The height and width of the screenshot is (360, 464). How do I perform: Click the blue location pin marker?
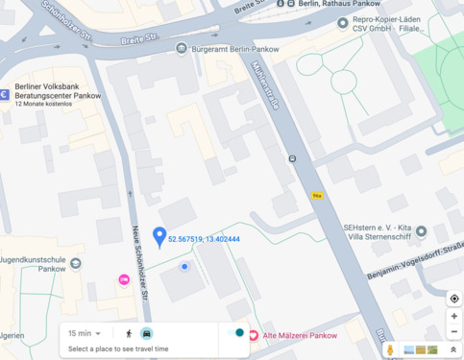(159, 235)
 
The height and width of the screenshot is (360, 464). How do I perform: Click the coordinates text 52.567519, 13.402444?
(204, 239)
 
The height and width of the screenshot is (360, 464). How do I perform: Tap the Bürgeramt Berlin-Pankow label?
(227, 48)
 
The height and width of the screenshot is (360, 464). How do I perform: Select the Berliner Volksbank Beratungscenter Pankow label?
(58, 90)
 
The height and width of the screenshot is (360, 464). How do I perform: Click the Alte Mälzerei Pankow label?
(300, 336)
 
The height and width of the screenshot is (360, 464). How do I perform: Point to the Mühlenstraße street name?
(263, 87)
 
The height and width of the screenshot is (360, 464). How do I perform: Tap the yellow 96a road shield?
(316, 195)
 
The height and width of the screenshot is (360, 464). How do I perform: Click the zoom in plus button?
(453, 316)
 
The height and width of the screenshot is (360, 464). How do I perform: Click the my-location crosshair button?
(453, 299)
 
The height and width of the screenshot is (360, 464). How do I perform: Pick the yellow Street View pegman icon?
(391, 350)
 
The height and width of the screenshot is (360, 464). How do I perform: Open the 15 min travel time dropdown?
(85, 333)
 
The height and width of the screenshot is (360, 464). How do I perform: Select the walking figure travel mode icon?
(128, 333)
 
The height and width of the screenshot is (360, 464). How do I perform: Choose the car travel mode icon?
(147, 333)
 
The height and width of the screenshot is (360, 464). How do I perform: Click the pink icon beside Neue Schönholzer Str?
(123, 279)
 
